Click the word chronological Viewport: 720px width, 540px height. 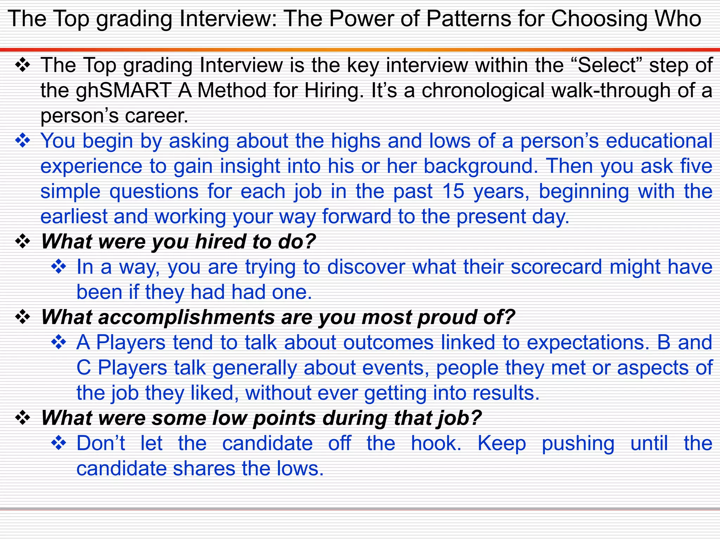click(x=483, y=91)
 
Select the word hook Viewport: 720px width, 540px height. click(x=436, y=444)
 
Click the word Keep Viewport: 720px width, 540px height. click(x=502, y=444)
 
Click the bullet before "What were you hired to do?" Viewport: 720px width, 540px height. click(x=23, y=242)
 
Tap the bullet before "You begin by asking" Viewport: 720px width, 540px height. click(x=23, y=141)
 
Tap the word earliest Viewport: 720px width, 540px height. click(x=74, y=217)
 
